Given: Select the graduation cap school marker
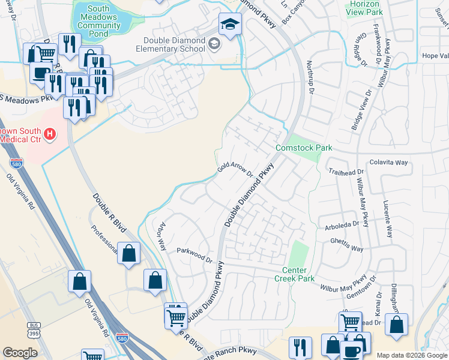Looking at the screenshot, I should pyautogui.click(x=228, y=25).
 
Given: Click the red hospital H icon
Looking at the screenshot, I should pyautogui.click(x=51, y=134).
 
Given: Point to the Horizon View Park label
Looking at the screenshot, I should pyautogui.click(x=364, y=8).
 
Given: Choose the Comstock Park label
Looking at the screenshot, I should pyautogui.click(x=299, y=148).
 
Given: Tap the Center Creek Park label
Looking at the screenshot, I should pyautogui.click(x=294, y=274).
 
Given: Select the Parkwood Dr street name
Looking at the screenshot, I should pyautogui.click(x=194, y=255).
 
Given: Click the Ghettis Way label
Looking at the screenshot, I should pyautogui.click(x=346, y=246).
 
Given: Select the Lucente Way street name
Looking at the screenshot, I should pyautogui.click(x=388, y=218).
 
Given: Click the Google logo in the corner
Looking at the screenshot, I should pyautogui.click(x=20, y=353).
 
